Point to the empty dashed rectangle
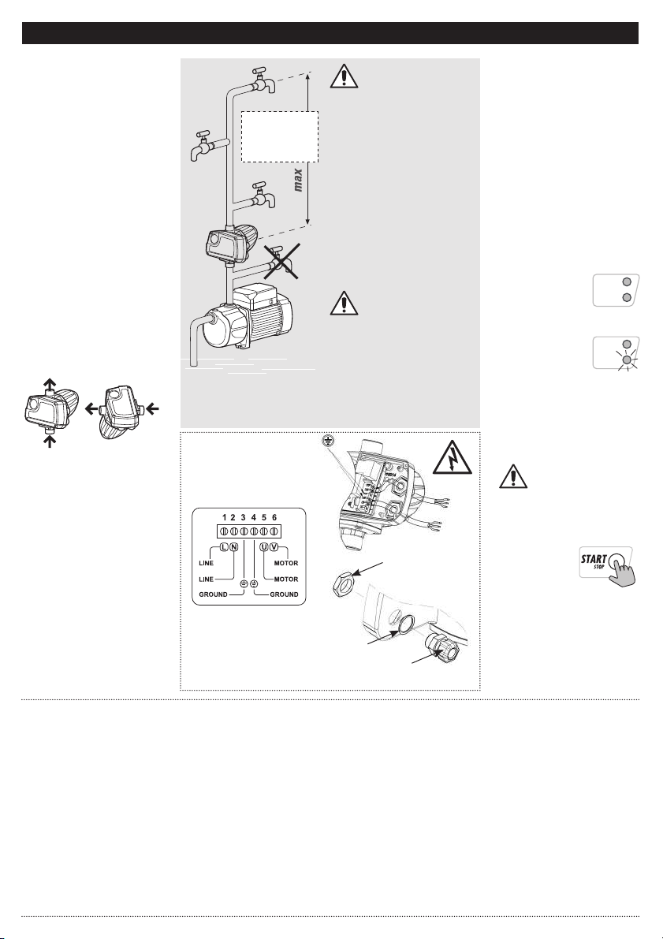(279, 136)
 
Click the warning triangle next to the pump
(341, 303)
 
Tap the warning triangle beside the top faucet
(341, 76)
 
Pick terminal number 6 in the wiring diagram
(274, 516)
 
